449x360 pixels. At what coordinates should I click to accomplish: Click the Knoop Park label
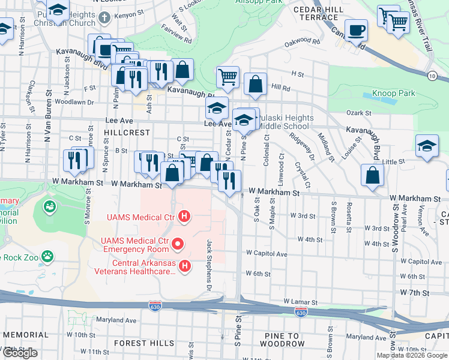coord(393,94)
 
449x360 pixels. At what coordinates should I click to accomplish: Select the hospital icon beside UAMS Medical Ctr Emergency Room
coord(177,244)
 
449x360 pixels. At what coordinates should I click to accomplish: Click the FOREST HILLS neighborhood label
coord(139,343)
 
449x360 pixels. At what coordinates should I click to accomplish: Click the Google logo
coord(20,353)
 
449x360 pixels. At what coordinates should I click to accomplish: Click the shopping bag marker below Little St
coord(373,175)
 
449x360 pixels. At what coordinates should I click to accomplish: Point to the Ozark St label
coord(359,113)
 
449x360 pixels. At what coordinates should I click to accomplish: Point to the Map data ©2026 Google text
coord(412,355)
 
